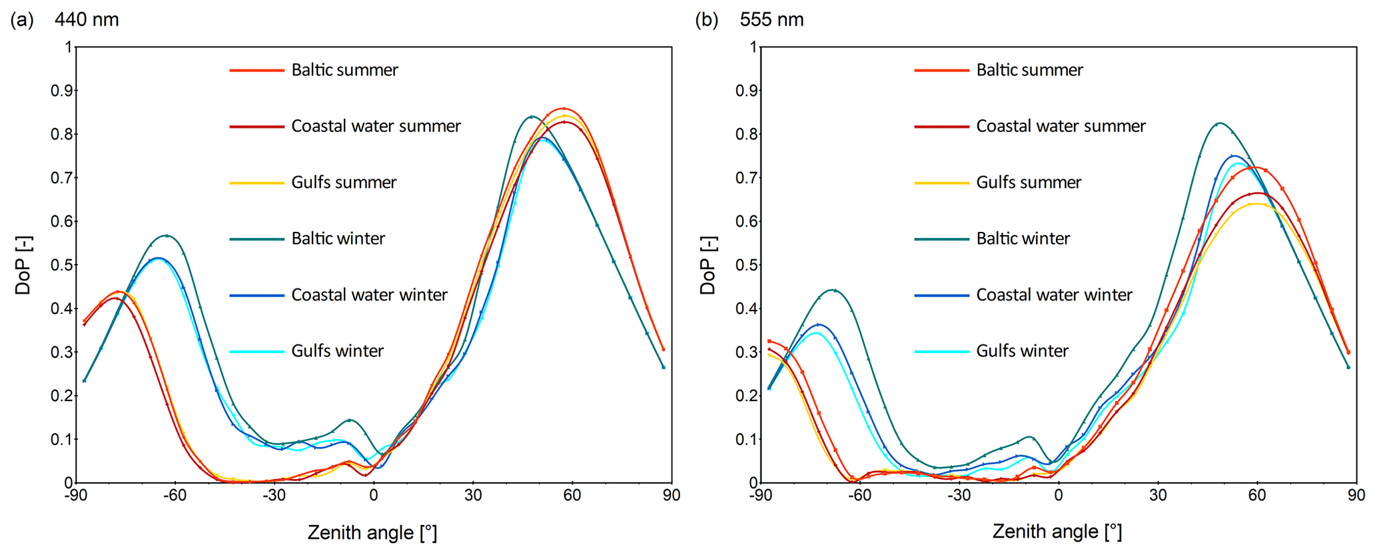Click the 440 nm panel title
click(x=87, y=20)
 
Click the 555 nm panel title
click(x=771, y=20)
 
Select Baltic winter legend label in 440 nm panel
click(x=338, y=239)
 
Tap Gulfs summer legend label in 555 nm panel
click(x=1029, y=183)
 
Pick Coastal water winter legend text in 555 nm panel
click(x=1054, y=294)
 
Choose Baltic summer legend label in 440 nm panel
click(x=344, y=70)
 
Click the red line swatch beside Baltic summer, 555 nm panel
click(x=941, y=70)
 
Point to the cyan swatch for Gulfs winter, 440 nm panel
click(x=256, y=351)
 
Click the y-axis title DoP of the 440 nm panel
click(x=24, y=265)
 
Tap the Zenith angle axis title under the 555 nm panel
click(x=1057, y=532)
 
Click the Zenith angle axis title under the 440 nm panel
click(x=372, y=532)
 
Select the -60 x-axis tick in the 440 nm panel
click(x=175, y=496)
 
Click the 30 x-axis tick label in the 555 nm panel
click(x=1158, y=496)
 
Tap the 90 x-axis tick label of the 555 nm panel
click(x=1356, y=496)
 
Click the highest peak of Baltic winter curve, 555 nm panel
click(x=1219, y=123)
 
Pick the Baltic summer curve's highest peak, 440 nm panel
click(x=564, y=108)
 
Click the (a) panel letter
click(x=21, y=20)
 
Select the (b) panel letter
click(x=706, y=20)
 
